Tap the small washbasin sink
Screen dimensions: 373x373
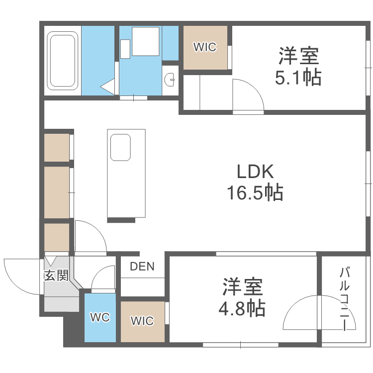point(171,79)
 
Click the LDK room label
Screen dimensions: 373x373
point(255,172)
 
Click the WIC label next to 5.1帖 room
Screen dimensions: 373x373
point(205,48)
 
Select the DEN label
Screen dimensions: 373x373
point(142,267)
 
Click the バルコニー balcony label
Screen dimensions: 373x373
point(344,298)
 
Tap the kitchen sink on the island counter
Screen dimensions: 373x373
point(120,147)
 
